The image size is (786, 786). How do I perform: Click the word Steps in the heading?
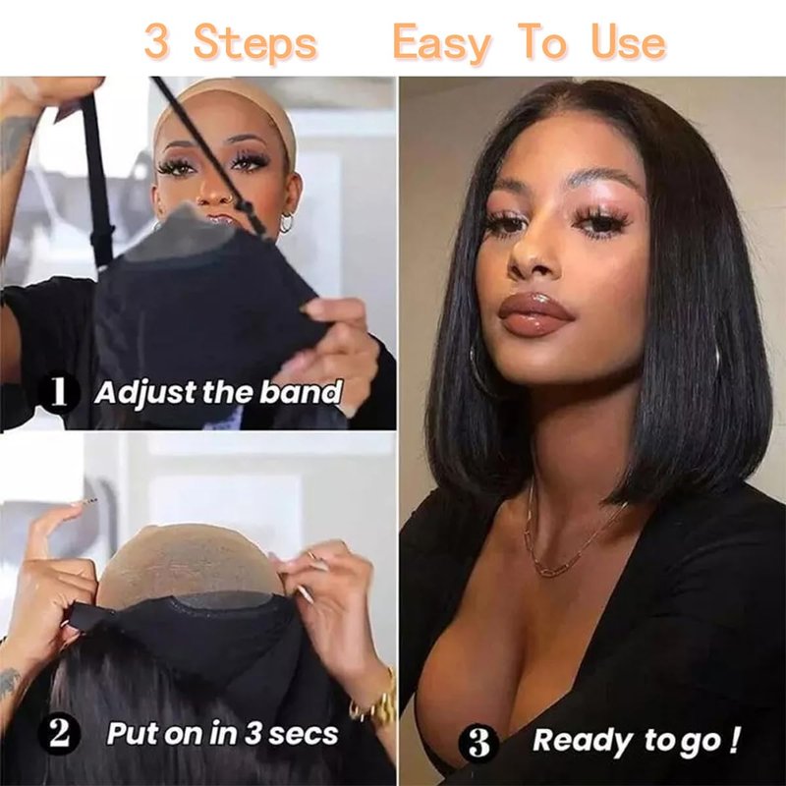(255, 42)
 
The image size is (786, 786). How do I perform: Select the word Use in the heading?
(629, 41)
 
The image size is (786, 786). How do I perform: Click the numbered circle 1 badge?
(59, 392)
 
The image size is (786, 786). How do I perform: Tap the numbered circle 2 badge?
(59, 734)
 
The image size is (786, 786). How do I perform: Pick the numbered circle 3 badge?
(478, 742)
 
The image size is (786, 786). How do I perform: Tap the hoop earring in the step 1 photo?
(287, 222)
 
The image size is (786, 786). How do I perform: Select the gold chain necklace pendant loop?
(550, 570)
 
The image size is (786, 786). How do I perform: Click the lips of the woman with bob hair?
(535, 314)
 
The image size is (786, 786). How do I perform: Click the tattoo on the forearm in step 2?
(10, 684)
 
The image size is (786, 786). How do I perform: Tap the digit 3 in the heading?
(157, 42)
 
